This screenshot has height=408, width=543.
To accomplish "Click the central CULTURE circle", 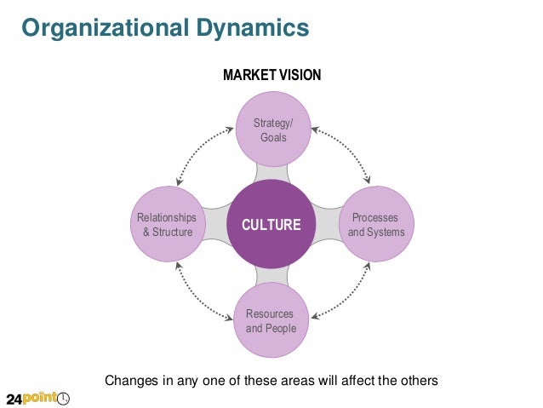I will (x=271, y=225).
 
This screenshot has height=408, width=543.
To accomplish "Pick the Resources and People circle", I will (x=271, y=321).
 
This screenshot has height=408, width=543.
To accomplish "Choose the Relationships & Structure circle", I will (x=167, y=225).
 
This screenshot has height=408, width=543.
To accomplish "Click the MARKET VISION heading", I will (x=271, y=75).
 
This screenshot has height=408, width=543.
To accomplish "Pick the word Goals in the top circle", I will (x=273, y=138).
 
